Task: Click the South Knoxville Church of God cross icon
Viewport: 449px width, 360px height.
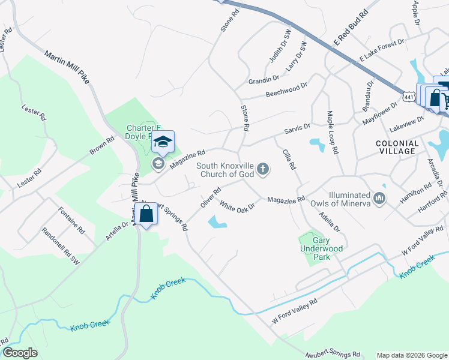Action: point(262,171)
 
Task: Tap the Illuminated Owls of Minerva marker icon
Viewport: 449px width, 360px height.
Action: point(379,199)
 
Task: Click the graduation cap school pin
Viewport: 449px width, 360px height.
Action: point(162,143)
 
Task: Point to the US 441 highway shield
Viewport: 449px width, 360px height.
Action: point(409,96)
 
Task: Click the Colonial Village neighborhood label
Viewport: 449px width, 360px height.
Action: point(396,147)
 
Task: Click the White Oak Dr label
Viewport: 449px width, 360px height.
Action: point(238,206)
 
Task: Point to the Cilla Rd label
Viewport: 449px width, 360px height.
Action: point(289,158)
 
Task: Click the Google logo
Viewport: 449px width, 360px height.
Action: point(20,353)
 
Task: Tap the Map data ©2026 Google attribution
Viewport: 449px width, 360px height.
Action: point(411,355)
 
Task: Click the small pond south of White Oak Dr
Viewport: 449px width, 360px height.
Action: point(217,223)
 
